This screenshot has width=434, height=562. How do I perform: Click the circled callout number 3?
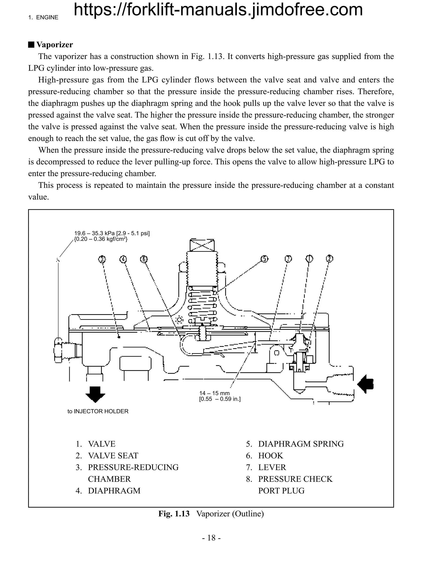[x=102, y=259]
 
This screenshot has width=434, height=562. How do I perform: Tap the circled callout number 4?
[x=123, y=259]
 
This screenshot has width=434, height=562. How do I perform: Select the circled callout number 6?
[x=144, y=259]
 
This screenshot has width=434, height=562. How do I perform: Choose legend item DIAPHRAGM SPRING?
[x=301, y=444]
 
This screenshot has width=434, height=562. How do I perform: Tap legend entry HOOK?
[x=270, y=456]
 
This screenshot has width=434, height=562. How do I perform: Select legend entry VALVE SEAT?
[x=113, y=456]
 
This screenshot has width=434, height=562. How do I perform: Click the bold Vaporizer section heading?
[x=54, y=45]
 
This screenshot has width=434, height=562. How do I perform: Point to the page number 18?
[x=211, y=538]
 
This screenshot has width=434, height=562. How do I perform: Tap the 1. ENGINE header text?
[x=43, y=18]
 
